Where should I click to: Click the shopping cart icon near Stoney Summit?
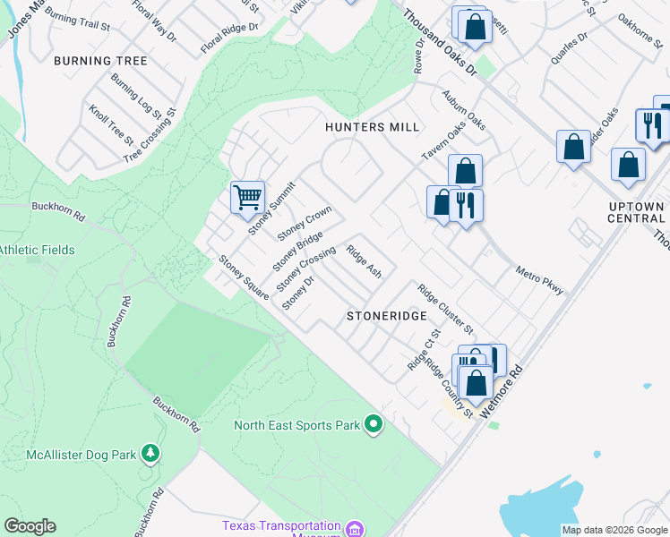(247, 197)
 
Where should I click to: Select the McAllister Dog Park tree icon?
(151, 455)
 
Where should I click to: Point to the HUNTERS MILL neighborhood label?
(373, 128)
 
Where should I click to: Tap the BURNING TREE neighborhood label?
(100, 61)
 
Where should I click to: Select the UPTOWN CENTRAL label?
(636, 213)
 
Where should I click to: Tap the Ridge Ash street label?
(365, 261)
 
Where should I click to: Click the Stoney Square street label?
(245, 277)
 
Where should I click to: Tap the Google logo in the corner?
(30, 526)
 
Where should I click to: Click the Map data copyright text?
(614, 530)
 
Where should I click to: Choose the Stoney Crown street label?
(305, 224)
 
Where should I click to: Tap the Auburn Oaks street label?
(463, 110)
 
